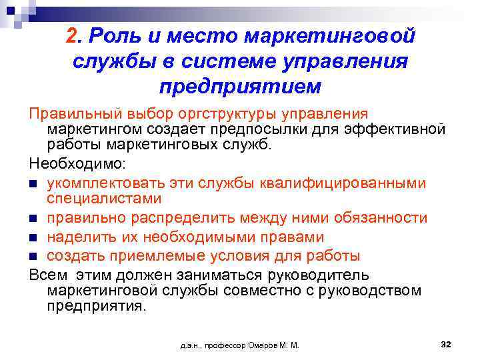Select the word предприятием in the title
(x=241, y=87)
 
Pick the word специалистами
(x=105, y=198)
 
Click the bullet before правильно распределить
(x=33, y=219)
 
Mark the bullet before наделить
(x=33, y=237)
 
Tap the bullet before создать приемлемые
(x=33, y=256)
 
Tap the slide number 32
(x=447, y=344)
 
